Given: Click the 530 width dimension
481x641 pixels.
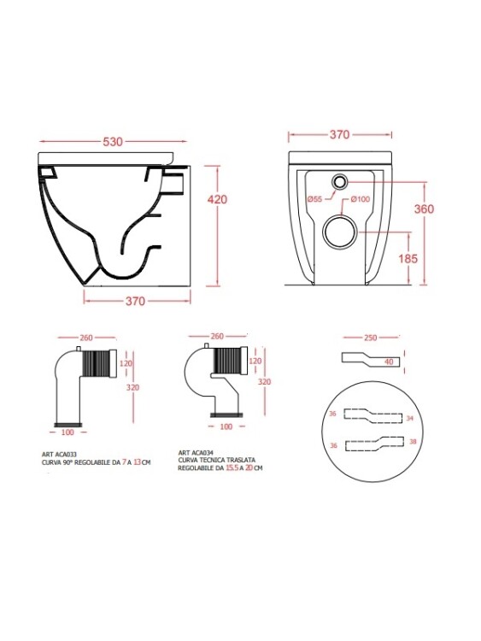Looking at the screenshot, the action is pos(113,141).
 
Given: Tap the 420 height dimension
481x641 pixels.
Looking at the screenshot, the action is pos(217,199).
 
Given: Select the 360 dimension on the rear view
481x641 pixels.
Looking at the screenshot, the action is pos(424,209).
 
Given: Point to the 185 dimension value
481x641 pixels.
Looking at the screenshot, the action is pos(408,258).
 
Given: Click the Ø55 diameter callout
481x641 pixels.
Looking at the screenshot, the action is pos(314,199).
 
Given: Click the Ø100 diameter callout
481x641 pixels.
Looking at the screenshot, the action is pos(361,199).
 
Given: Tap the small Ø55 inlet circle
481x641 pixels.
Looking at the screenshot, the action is pos(339,181).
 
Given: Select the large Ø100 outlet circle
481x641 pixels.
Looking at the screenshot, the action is pos(340,232).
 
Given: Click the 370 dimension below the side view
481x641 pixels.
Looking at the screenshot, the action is pos(135,302).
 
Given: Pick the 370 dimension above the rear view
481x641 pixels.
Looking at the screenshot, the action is pos(339,134).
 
